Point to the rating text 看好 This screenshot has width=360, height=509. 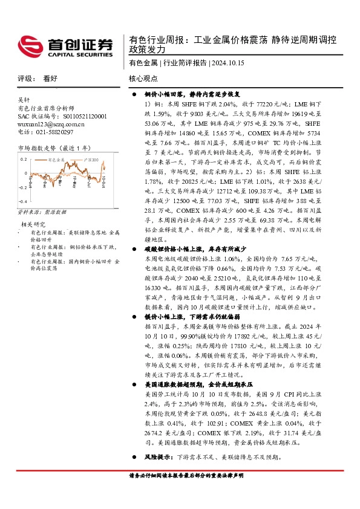point(50,79)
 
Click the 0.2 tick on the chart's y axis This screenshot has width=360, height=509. point(24,158)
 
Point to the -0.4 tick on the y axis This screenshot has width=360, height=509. point(22,184)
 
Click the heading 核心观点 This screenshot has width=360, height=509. point(143,79)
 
